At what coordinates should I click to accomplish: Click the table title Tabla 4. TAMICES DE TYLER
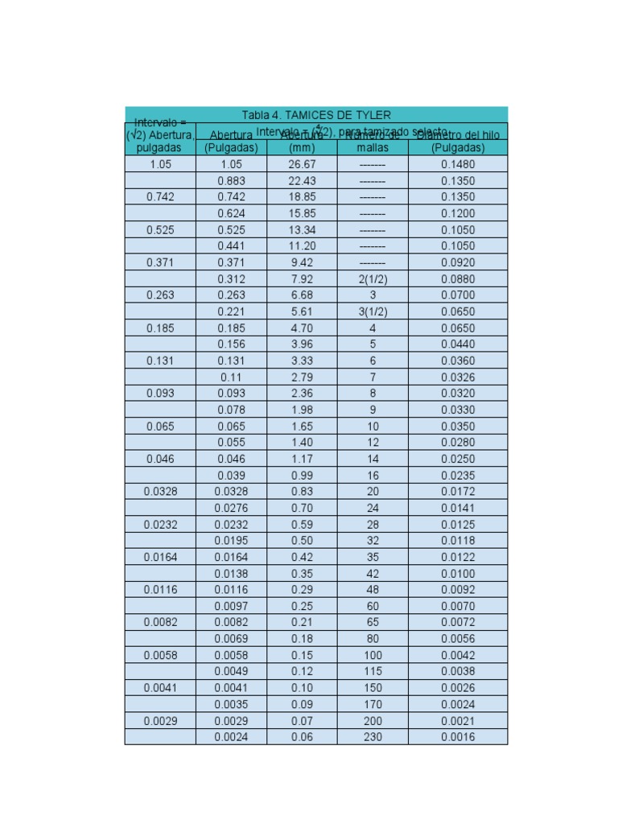pyautogui.click(x=316, y=116)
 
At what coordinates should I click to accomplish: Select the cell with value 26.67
pyautogui.click(x=302, y=164)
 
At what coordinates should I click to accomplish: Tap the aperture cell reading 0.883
pyautogui.click(x=231, y=181)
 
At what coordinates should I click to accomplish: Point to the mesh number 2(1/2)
pyautogui.click(x=373, y=279)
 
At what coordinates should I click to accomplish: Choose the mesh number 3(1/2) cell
pyautogui.click(x=373, y=312)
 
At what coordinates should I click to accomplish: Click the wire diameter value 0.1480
pyautogui.click(x=458, y=164)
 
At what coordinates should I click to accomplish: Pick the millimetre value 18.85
pyautogui.click(x=302, y=197)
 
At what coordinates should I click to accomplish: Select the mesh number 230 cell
pyautogui.click(x=373, y=737)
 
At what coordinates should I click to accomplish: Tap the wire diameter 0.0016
pyautogui.click(x=458, y=737)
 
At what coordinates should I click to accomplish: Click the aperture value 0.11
pyautogui.click(x=231, y=377)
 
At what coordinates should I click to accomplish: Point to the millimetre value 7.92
pyautogui.click(x=302, y=279)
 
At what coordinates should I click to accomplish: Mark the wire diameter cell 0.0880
pyautogui.click(x=458, y=279)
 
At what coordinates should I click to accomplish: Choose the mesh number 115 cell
pyautogui.click(x=373, y=671)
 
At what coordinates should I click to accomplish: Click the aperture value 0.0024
pyautogui.click(x=231, y=737)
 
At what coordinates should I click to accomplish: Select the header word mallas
pyautogui.click(x=373, y=148)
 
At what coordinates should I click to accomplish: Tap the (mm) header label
pyautogui.click(x=302, y=148)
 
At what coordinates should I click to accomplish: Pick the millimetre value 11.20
pyautogui.click(x=302, y=246)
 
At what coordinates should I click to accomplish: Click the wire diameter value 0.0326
pyautogui.click(x=458, y=377)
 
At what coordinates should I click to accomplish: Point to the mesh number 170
pyautogui.click(x=373, y=704)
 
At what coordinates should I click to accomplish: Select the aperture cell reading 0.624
pyautogui.click(x=231, y=214)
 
